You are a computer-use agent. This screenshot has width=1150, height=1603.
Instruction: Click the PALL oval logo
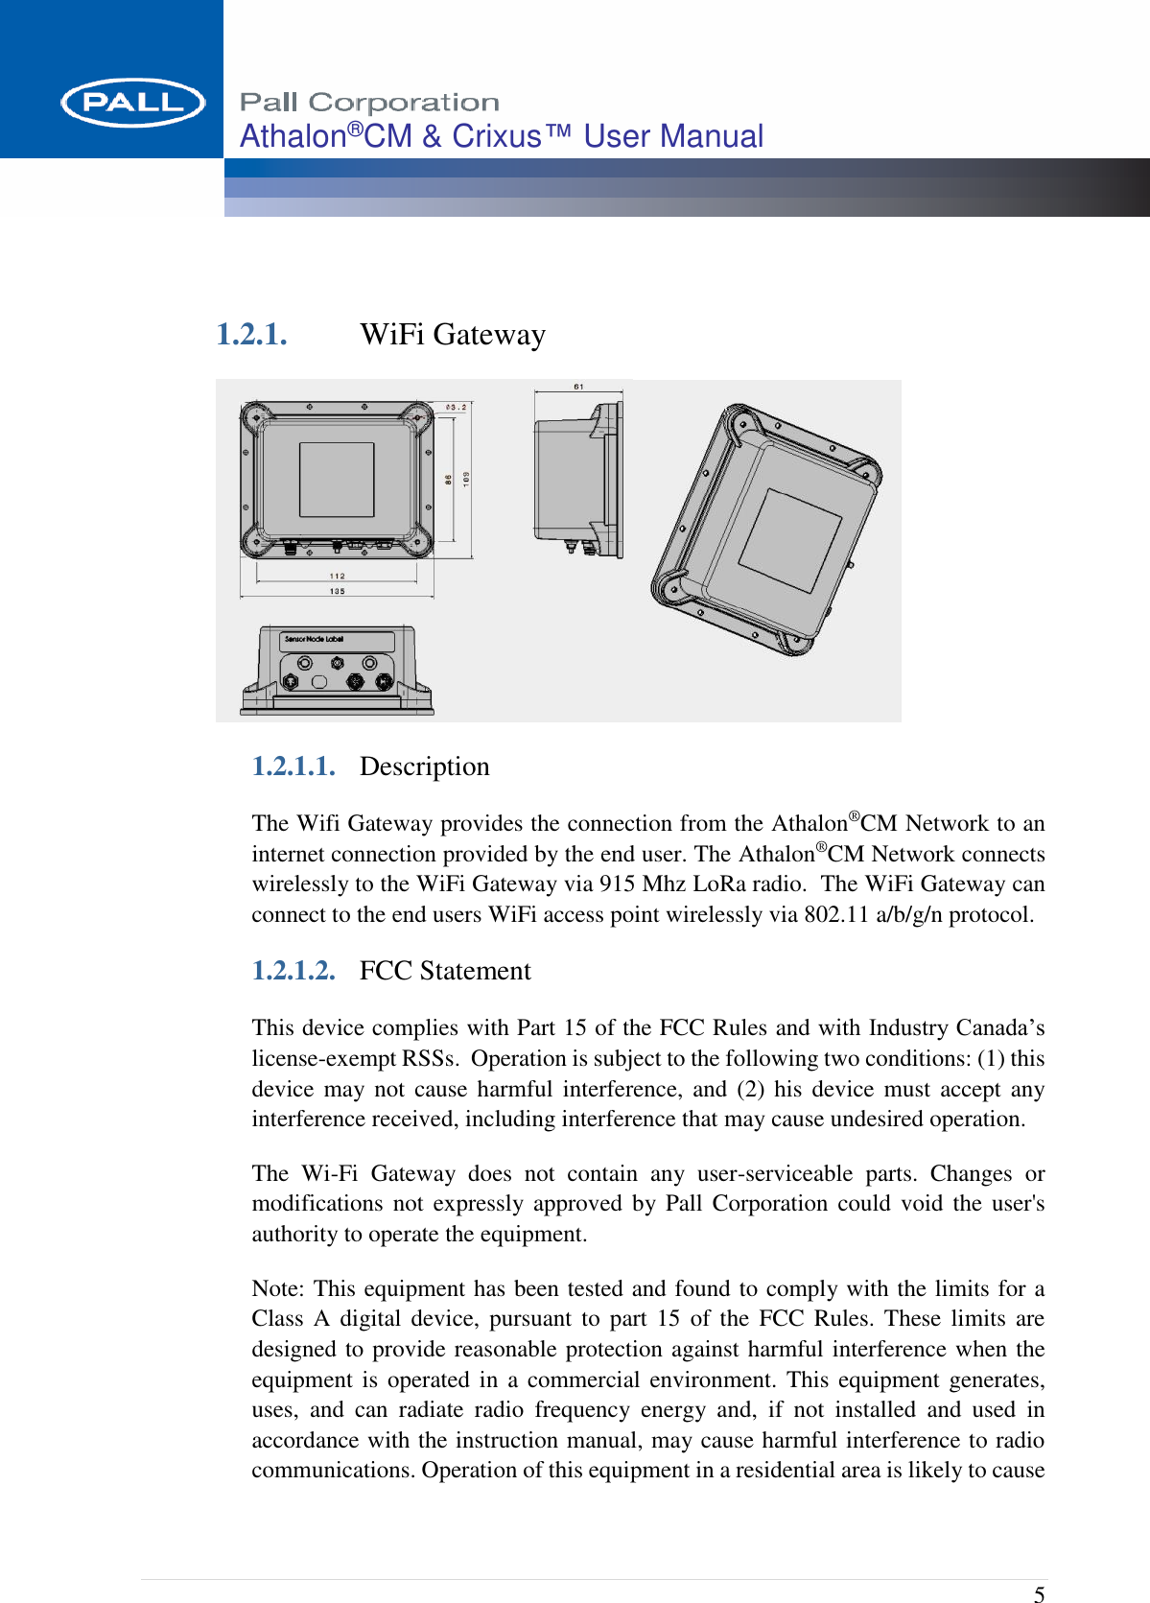tap(132, 103)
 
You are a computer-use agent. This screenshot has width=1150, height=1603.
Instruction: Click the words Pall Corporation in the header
tap(369, 103)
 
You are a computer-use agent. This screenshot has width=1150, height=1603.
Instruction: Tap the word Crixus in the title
tap(497, 136)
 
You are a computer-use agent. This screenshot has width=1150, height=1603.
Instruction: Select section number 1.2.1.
tap(251, 335)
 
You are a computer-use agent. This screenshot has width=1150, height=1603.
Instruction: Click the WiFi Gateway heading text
tap(453, 335)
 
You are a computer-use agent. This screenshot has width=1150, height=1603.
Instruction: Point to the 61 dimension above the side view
tap(579, 387)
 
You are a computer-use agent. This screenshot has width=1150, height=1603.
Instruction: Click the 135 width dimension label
tap(337, 591)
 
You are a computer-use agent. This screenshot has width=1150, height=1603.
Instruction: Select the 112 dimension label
tap(337, 576)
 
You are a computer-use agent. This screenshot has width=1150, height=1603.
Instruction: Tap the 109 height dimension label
tap(466, 478)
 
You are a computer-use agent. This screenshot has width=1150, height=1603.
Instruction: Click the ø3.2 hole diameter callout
tap(457, 407)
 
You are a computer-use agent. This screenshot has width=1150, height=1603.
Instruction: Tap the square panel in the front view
tap(337, 480)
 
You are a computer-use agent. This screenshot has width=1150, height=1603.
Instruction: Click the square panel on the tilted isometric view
tap(789, 539)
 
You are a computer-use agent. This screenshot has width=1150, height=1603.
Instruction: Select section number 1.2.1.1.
tap(293, 766)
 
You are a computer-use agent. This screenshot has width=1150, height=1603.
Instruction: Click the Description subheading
tap(425, 766)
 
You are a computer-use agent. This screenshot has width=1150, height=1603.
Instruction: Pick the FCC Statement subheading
tap(445, 971)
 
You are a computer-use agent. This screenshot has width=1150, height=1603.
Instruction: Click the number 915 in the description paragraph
tap(618, 884)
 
